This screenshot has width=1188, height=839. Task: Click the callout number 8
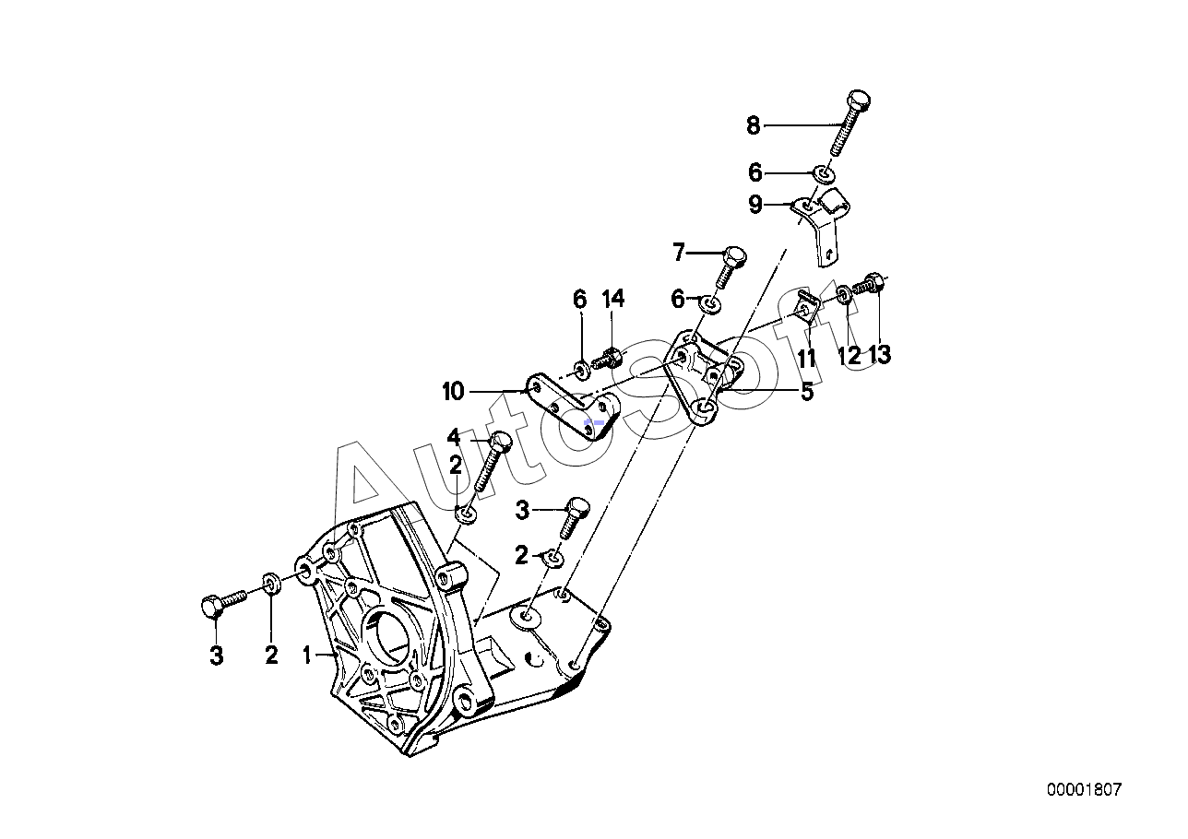point(753,126)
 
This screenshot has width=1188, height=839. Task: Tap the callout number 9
point(755,204)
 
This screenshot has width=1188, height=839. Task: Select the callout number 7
point(679,253)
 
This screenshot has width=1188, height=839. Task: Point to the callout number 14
point(613,299)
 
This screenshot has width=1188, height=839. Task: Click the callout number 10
point(454,392)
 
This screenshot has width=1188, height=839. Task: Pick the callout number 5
point(807,392)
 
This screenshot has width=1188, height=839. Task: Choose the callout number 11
point(806,359)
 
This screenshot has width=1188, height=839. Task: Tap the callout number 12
point(849,356)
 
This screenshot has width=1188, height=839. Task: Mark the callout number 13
point(880,355)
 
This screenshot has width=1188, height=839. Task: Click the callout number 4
point(454,438)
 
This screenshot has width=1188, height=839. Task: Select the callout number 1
point(306,656)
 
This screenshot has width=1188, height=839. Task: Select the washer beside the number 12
point(844,293)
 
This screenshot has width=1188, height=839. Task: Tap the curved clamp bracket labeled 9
point(821,226)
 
